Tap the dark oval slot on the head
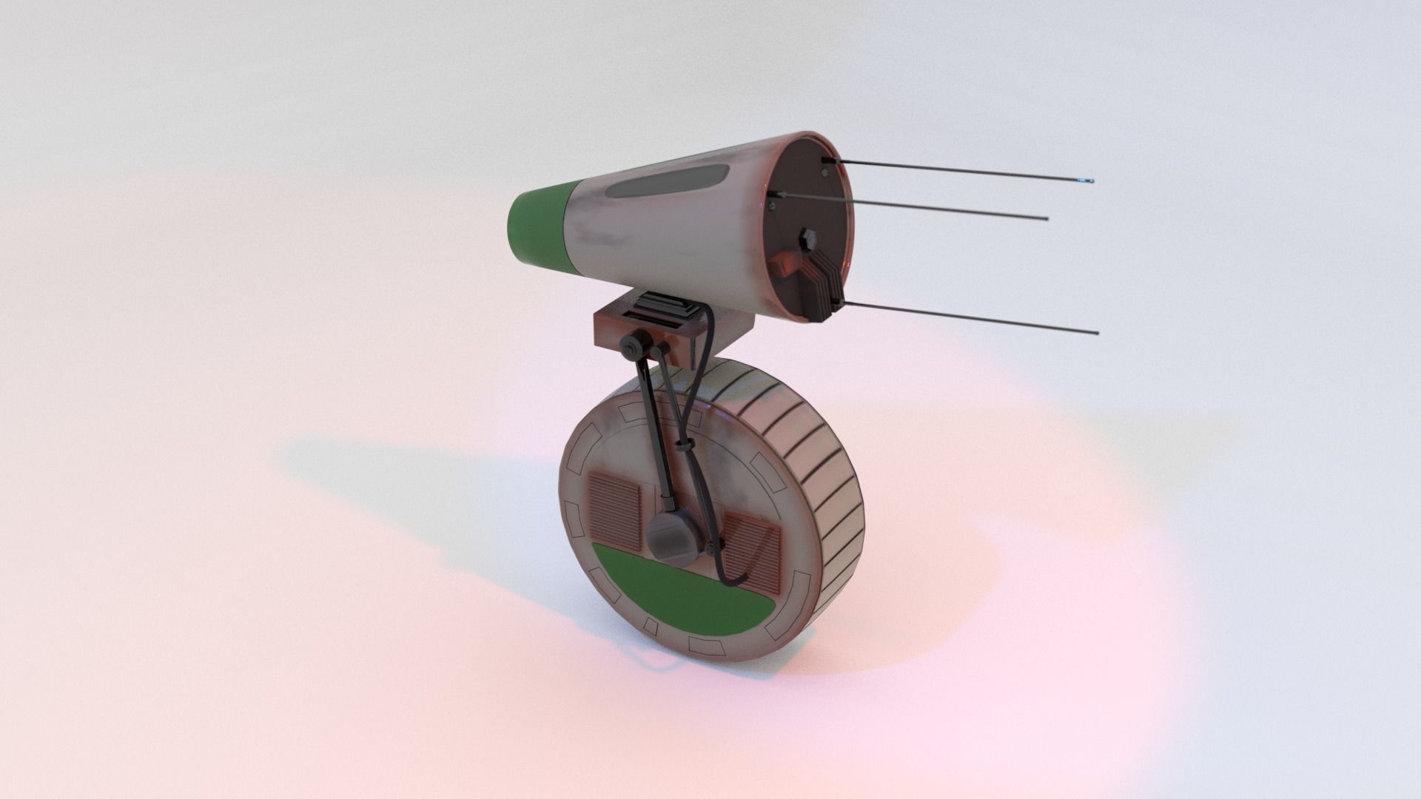coord(670,182)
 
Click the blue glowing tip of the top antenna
coord(1088,181)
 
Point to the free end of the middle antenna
coord(1045,219)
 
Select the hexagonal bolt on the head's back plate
coord(807,238)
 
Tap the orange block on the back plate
coord(782,263)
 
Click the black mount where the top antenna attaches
coord(827,160)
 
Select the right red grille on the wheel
coord(753,551)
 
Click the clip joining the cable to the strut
coord(684,446)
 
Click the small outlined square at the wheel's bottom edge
coord(651,627)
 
